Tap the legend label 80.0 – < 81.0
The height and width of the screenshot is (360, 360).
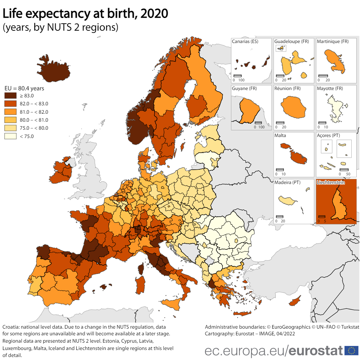click(34, 120)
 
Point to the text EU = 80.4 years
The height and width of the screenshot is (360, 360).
click(24, 89)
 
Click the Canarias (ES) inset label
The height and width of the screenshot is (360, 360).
click(245, 42)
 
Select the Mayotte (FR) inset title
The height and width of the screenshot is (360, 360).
click(330, 89)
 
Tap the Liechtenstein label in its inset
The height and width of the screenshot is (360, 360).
click(330, 182)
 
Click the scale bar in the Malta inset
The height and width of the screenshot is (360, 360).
click(280, 169)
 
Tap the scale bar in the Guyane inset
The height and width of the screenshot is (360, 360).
click(258, 123)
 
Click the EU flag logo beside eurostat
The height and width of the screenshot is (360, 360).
click(351, 350)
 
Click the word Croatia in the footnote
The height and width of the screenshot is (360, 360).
click(10, 327)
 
